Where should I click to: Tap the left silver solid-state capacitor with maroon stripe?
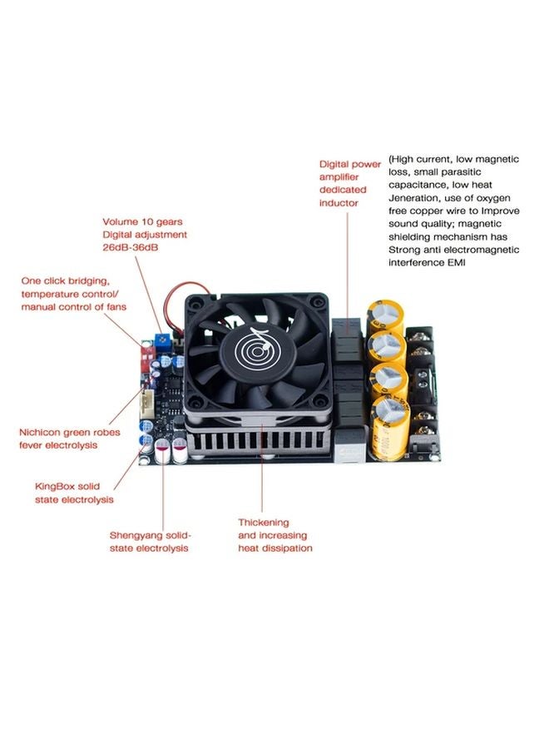(x=161, y=451)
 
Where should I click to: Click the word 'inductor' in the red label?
(x=339, y=203)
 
